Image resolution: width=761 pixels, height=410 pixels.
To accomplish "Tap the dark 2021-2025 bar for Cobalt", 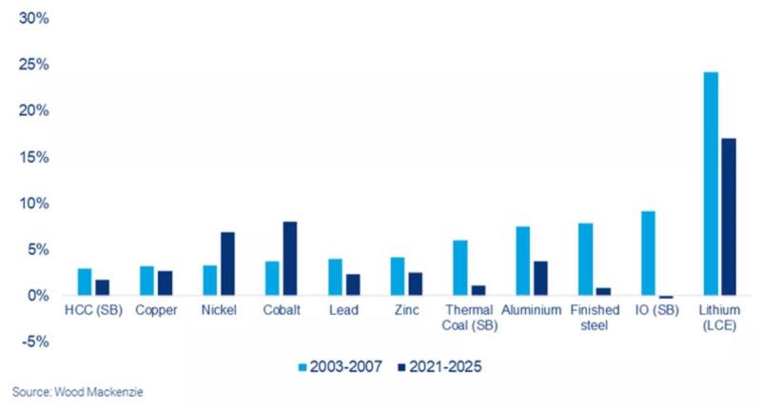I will pos(290,259).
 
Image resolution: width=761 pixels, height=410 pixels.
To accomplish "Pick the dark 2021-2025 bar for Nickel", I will pos(227,264).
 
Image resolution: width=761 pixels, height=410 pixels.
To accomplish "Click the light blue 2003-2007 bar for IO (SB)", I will pos(648,253).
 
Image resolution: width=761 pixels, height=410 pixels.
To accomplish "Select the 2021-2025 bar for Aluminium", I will pos(541,279).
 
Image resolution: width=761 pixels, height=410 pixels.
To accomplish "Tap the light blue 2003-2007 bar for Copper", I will pos(146,281).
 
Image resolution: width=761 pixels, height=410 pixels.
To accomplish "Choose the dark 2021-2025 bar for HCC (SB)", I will pos(103,287).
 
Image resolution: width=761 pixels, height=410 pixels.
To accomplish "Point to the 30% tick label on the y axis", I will pos(34,19).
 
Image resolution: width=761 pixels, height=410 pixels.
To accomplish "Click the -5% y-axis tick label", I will pos(34,342).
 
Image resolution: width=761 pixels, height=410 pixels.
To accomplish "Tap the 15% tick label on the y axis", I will pos(34,157).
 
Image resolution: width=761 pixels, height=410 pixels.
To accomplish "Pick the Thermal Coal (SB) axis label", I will pos(468,317).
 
